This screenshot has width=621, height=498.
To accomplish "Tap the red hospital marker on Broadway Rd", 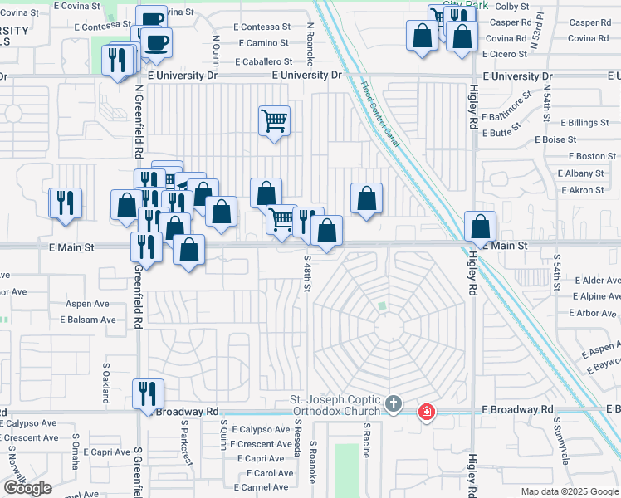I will (x=426, y=411).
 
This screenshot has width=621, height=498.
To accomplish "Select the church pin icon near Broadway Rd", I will (x=394, y=406).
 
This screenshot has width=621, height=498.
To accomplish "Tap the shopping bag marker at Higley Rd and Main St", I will (x=481, y=227).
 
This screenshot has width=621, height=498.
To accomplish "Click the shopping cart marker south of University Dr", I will (x=273, y=121).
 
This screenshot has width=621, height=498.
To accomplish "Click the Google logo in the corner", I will (x=27, y=488).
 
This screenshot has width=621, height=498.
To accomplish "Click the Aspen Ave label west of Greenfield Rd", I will (x=88, y=305).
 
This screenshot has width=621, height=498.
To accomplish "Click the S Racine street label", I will (x=365, y=438).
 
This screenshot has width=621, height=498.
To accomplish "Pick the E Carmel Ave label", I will (x=261, y=486).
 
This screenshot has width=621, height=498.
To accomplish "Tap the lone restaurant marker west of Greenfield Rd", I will (x=66, y=203).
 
